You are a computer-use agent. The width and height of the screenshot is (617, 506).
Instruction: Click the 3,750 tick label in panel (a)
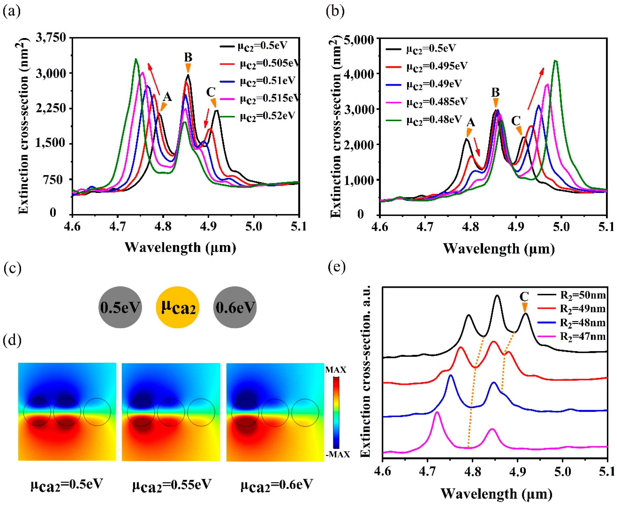point(51,38)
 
